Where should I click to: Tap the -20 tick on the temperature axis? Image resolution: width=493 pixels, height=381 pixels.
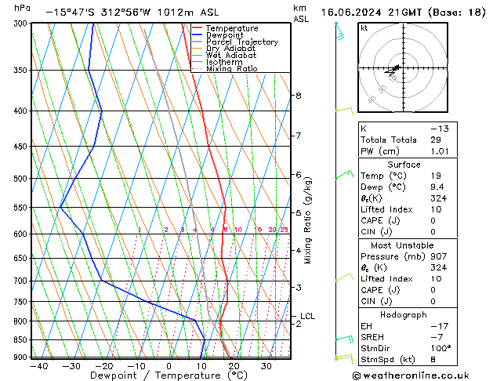[103, 366]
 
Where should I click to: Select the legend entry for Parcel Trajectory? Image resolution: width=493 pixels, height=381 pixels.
[241, 42]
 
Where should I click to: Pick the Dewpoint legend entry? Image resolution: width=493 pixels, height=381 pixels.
[227, 34]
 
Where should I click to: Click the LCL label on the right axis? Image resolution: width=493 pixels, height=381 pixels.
[307, 317]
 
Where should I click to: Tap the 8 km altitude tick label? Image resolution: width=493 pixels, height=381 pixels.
[299, 96]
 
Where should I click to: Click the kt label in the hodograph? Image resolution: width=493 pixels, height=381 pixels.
[364, 28]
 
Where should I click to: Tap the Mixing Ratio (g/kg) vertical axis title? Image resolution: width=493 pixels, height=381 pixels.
[308, 220]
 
